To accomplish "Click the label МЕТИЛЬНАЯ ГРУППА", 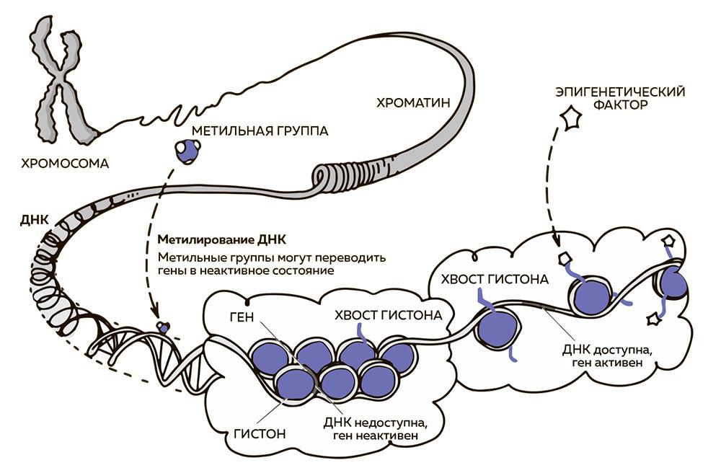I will tap(260, 131).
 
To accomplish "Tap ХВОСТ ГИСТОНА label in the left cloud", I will tap(388, 315).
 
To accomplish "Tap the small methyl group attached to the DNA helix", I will tap(164, 328).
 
